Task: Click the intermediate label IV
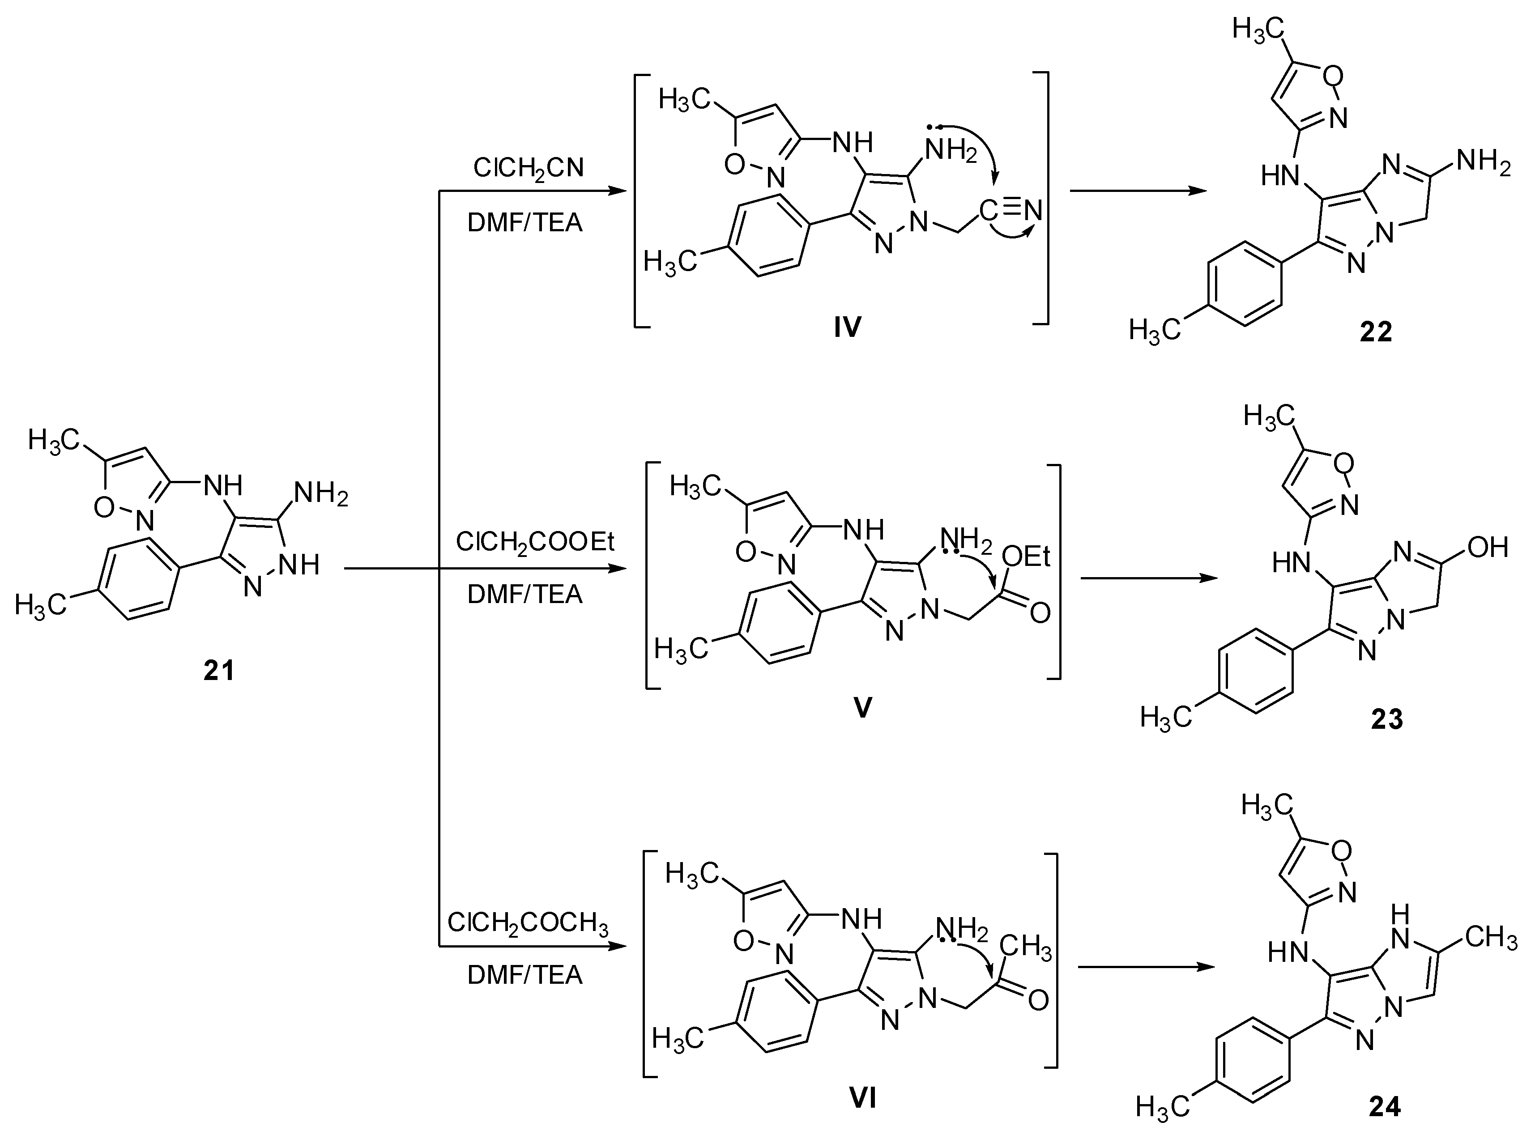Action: click(848, 327)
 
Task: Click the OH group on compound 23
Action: click(1488, 548)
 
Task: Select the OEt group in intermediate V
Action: click(1025, 557)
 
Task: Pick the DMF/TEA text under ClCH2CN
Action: click(525, 223)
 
